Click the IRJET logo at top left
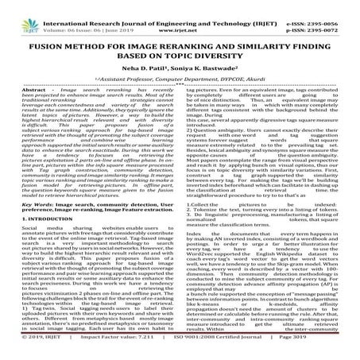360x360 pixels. [x=22, y=14]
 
